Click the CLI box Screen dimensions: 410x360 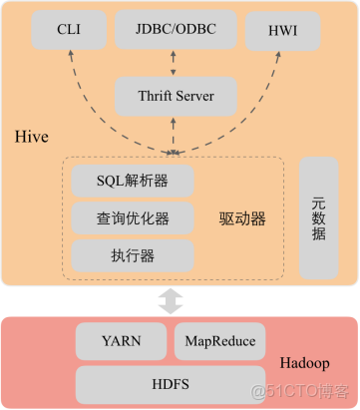[69, 30]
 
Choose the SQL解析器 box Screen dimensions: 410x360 [133, 182]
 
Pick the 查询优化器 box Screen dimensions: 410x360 [133, 217]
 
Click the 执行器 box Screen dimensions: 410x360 [133, 254]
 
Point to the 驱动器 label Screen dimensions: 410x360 [242, 217]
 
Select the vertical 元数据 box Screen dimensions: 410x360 [320, 217]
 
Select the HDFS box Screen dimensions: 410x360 [171, 382]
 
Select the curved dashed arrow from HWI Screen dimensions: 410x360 [261, 100]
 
